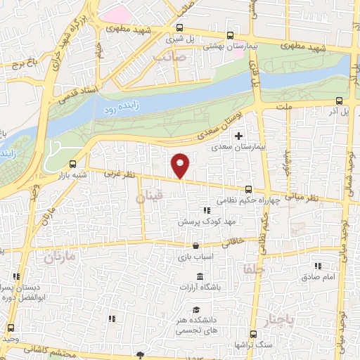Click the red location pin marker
(x=181, y=165)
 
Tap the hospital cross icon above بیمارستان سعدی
(x=238, y=135)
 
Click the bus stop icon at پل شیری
(x=179, y=30)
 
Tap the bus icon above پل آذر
(x=340, y=101)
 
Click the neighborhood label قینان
(x=149, y=200)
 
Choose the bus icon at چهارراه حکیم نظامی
(x=248, y=188)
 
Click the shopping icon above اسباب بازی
(x=195, y=247)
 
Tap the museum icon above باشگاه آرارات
(x=200, y=275)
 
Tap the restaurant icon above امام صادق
(x=318, y=266)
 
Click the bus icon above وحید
(x=11, y=328)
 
